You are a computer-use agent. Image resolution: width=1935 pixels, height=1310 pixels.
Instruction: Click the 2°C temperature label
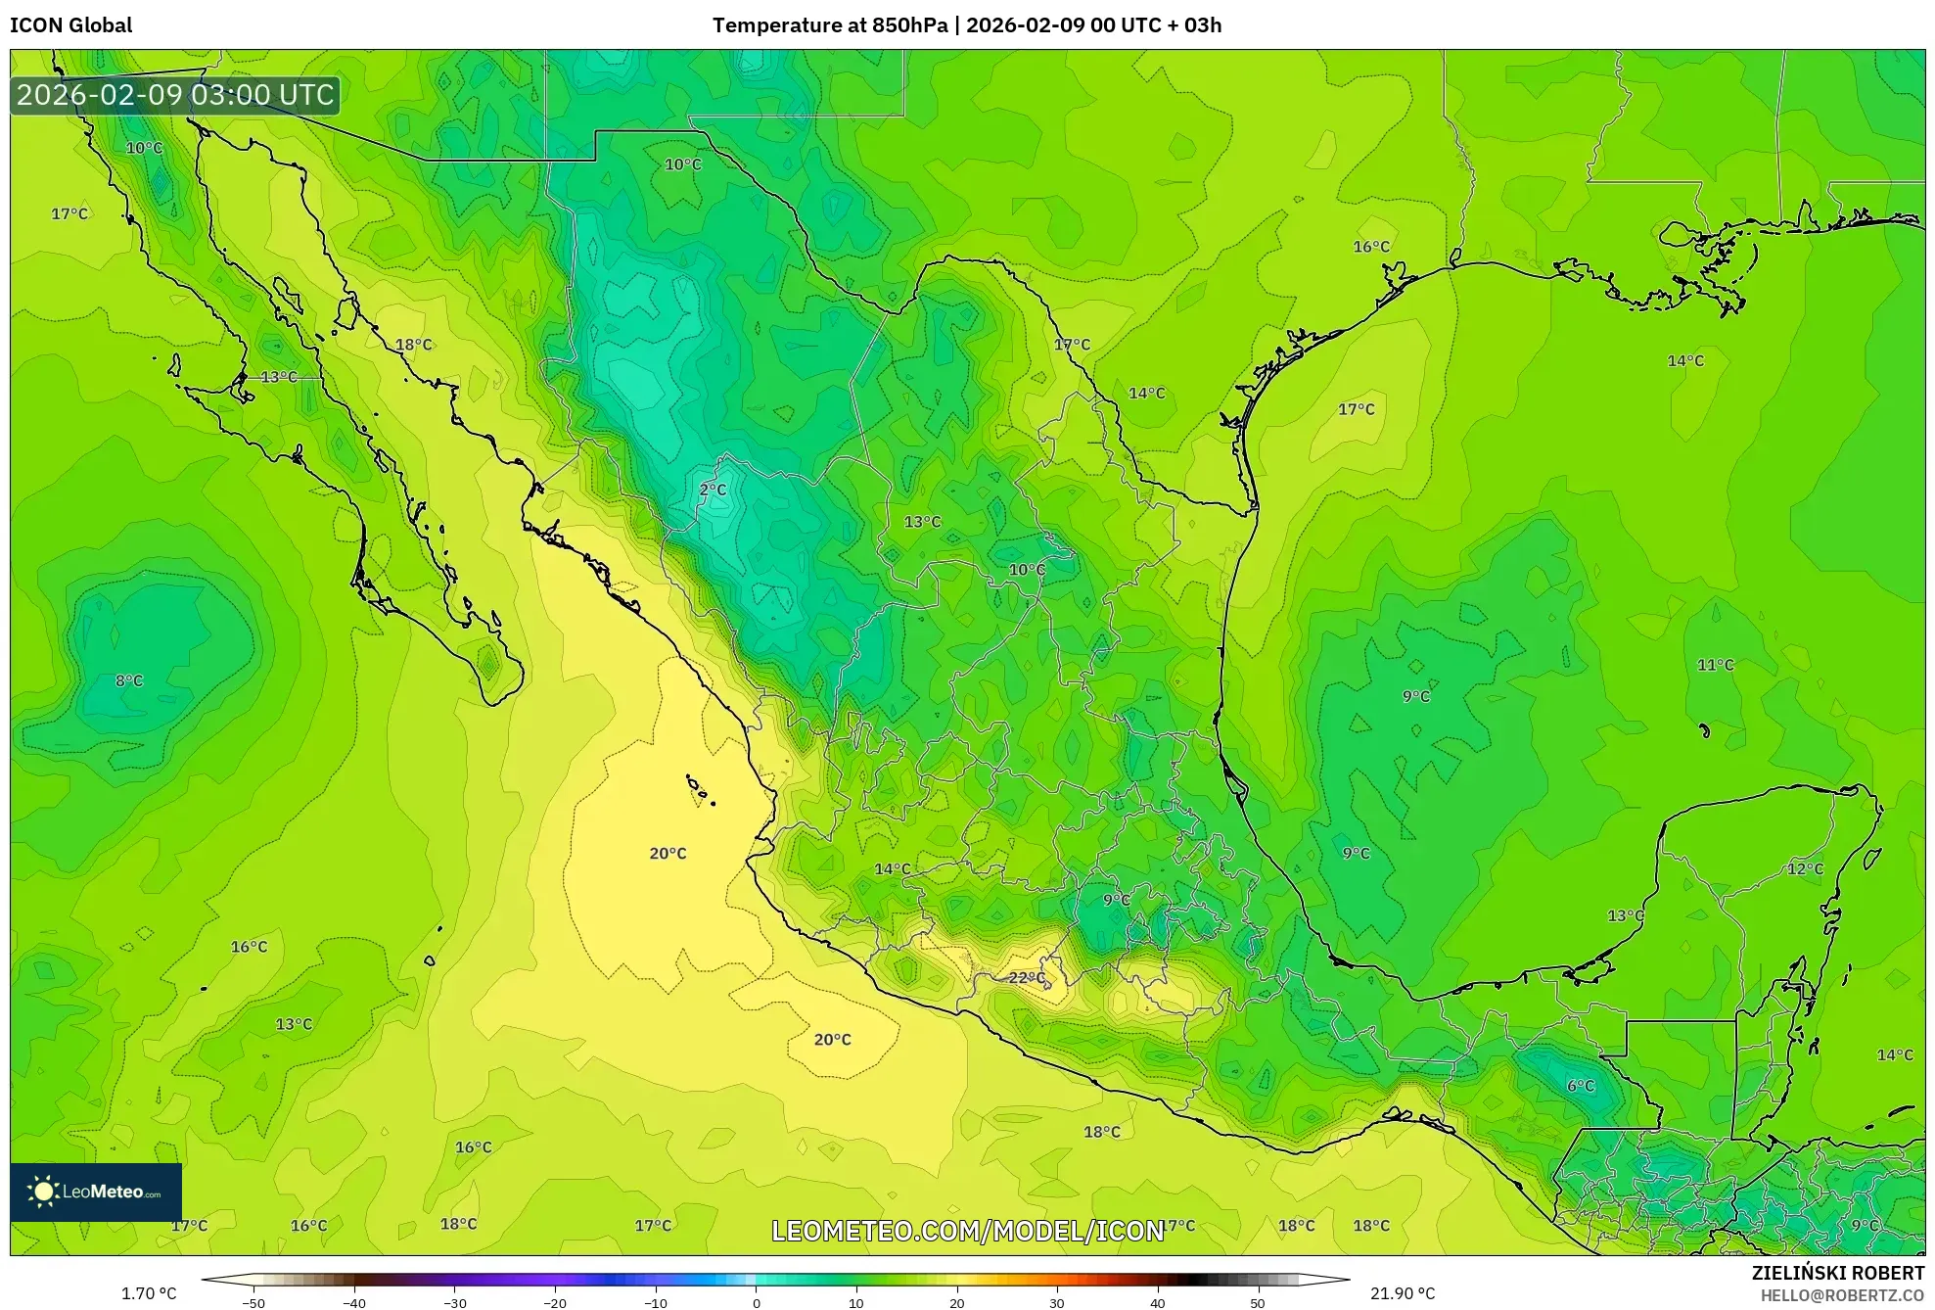(713, 490)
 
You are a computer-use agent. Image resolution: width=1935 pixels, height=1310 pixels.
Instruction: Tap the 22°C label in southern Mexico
(1027, 977)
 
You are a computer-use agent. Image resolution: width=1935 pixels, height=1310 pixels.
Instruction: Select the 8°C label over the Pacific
(129, 680)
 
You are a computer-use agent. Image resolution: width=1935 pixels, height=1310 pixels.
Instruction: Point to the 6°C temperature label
(1581, 1085)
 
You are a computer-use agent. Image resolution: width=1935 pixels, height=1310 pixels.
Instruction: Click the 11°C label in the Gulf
(1715, 665)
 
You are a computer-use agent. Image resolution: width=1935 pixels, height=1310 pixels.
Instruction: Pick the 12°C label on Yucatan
(1805, 868)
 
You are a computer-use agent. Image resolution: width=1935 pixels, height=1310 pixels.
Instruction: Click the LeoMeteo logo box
(96, 1192)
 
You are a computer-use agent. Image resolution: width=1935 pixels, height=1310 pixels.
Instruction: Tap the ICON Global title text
(70, 24)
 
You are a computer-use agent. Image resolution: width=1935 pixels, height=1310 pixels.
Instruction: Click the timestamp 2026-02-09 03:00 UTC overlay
(175, 95)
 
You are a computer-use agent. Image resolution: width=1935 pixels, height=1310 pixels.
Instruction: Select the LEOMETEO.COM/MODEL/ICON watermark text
(967, 1231)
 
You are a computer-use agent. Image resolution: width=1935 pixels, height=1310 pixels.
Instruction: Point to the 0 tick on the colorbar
(756, 1303)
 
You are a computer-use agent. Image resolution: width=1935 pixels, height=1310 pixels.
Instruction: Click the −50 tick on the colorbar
(253, 1303)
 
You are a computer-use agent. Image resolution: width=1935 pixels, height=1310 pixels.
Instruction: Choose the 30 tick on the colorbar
(1057, 1303)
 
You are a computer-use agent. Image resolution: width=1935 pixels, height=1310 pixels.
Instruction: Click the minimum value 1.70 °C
(149, 1293)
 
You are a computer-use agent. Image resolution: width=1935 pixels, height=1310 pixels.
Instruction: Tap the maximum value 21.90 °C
(1402, 1293)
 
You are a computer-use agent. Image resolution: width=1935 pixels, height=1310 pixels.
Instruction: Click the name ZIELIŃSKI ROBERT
(1837, 1273)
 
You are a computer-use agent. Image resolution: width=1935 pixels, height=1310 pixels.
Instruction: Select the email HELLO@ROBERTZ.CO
(1842, 1295)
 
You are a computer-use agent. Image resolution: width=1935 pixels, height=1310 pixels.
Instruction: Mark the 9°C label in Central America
(1865, 1225)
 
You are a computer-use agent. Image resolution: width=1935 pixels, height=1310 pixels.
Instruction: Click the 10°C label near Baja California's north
(144, 148)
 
